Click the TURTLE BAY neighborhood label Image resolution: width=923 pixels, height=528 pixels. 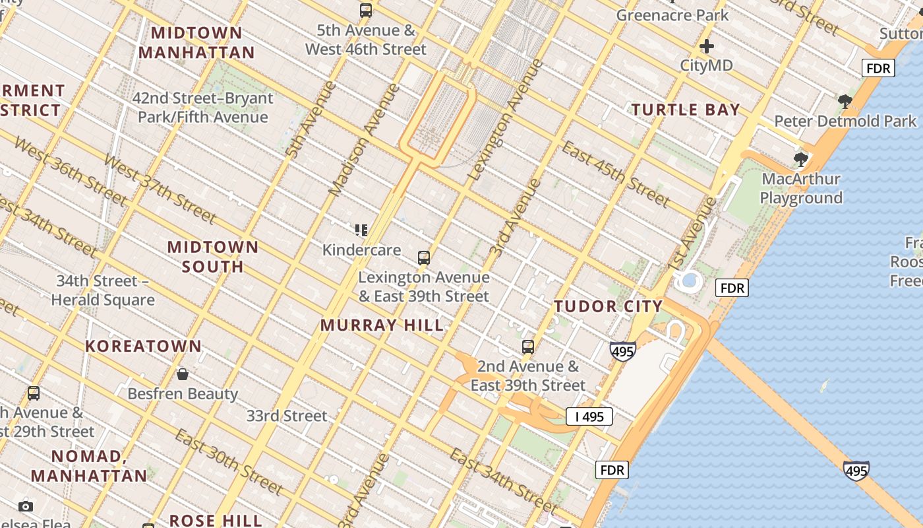(686, 110)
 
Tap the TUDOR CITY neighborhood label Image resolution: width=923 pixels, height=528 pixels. (608, 306)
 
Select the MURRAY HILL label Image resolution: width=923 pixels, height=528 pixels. (382, 325)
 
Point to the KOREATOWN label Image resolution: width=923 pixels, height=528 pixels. (143, 346)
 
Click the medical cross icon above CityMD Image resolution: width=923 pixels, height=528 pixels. (707, 46)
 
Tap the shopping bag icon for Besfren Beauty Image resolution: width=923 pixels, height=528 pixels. (183, 374)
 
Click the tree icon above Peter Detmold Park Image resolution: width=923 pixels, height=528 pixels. (845, 102)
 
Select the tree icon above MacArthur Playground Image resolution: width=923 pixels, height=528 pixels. (801, 159)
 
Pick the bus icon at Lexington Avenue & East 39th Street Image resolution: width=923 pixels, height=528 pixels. (424, 257)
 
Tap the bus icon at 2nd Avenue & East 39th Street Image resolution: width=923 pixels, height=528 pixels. (528, 346)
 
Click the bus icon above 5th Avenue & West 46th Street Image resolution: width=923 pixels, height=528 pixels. (366, 11)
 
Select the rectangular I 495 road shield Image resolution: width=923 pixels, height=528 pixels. (589, 416)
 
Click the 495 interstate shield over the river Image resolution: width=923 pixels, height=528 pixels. (856, 471)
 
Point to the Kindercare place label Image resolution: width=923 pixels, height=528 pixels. (361, 250)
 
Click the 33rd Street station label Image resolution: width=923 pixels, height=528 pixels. (287, 416)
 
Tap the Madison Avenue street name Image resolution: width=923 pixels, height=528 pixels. (364, 140)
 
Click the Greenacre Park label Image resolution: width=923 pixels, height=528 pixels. (672, 15)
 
